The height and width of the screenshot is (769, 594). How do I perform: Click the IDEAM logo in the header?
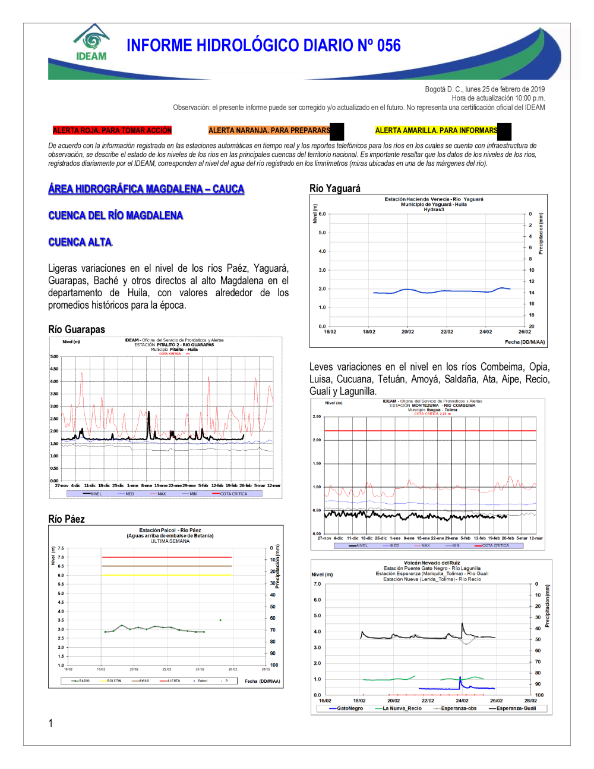click(91, 43)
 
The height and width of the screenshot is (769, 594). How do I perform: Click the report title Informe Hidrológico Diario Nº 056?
click(263, 46)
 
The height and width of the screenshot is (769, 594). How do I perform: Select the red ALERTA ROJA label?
click(112, 130)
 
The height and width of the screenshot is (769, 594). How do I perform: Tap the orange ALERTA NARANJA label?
click(269, 130)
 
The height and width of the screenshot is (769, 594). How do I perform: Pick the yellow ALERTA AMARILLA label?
click(436, 130)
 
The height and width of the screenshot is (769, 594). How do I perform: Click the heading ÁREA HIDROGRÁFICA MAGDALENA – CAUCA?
click(146, 189)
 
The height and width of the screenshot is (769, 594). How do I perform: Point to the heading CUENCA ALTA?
click(80, 242)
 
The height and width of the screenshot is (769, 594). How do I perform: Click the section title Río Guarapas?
click(77, 329)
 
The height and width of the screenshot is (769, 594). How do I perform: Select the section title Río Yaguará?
click(335, 189)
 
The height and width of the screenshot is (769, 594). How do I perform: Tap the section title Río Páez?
click(67, 519)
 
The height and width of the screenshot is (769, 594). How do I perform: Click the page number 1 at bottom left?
click(50, 723)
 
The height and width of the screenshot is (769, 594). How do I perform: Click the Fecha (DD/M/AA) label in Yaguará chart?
click(525, 342)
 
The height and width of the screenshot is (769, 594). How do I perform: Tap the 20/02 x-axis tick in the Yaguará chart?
click(407, 332)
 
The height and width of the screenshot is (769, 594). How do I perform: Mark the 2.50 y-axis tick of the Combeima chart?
click(317, 417)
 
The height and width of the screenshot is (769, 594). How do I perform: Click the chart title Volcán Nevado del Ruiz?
click(432, 563)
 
